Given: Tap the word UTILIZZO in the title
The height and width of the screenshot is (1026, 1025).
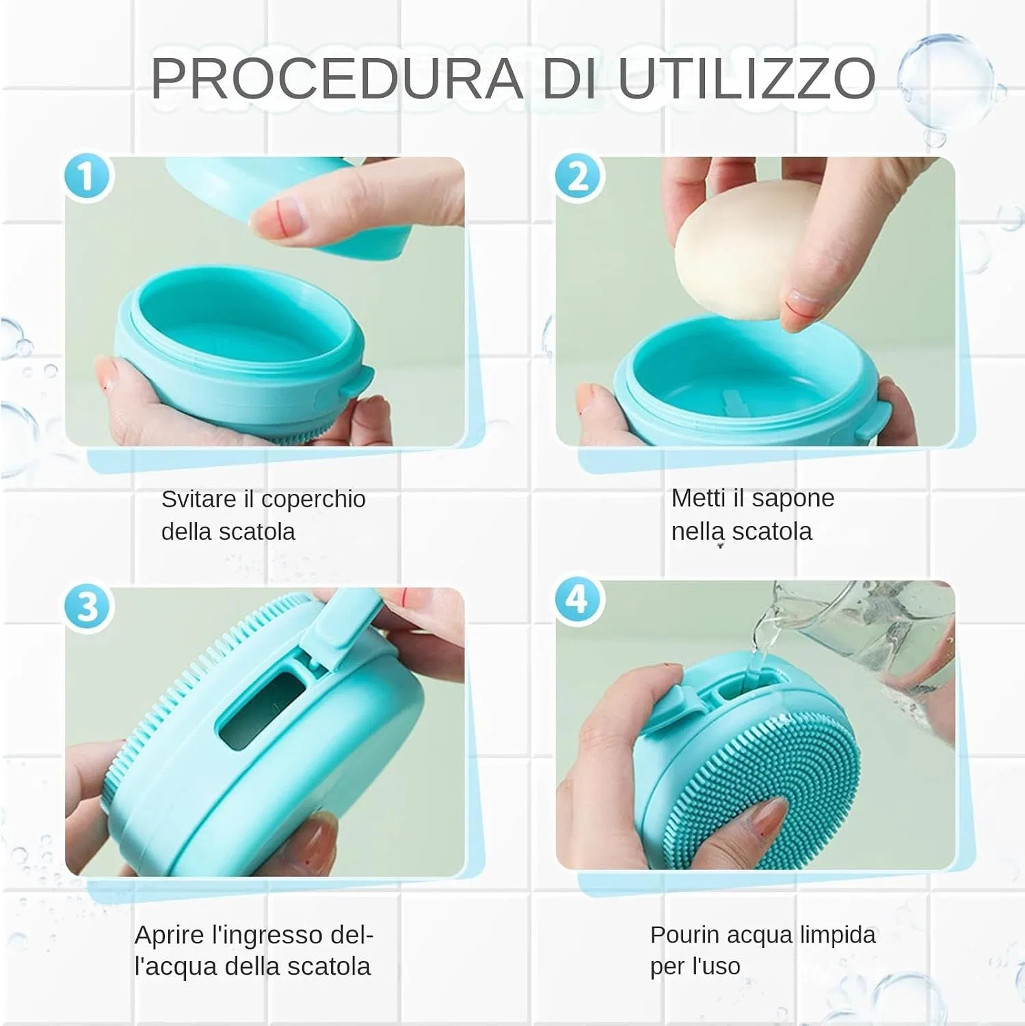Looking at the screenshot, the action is (747, 78).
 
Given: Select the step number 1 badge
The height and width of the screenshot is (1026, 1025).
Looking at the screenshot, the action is (88, 176).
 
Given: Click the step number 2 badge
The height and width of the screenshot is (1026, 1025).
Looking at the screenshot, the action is (578, 176).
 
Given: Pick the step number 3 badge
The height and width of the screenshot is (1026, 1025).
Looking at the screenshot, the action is (88, 606).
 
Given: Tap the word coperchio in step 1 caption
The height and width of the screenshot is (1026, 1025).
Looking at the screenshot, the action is (314, 500).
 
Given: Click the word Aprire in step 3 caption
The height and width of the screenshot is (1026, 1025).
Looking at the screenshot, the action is (169, 935).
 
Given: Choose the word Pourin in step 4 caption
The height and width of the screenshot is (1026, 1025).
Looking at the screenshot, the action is (684, 934).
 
